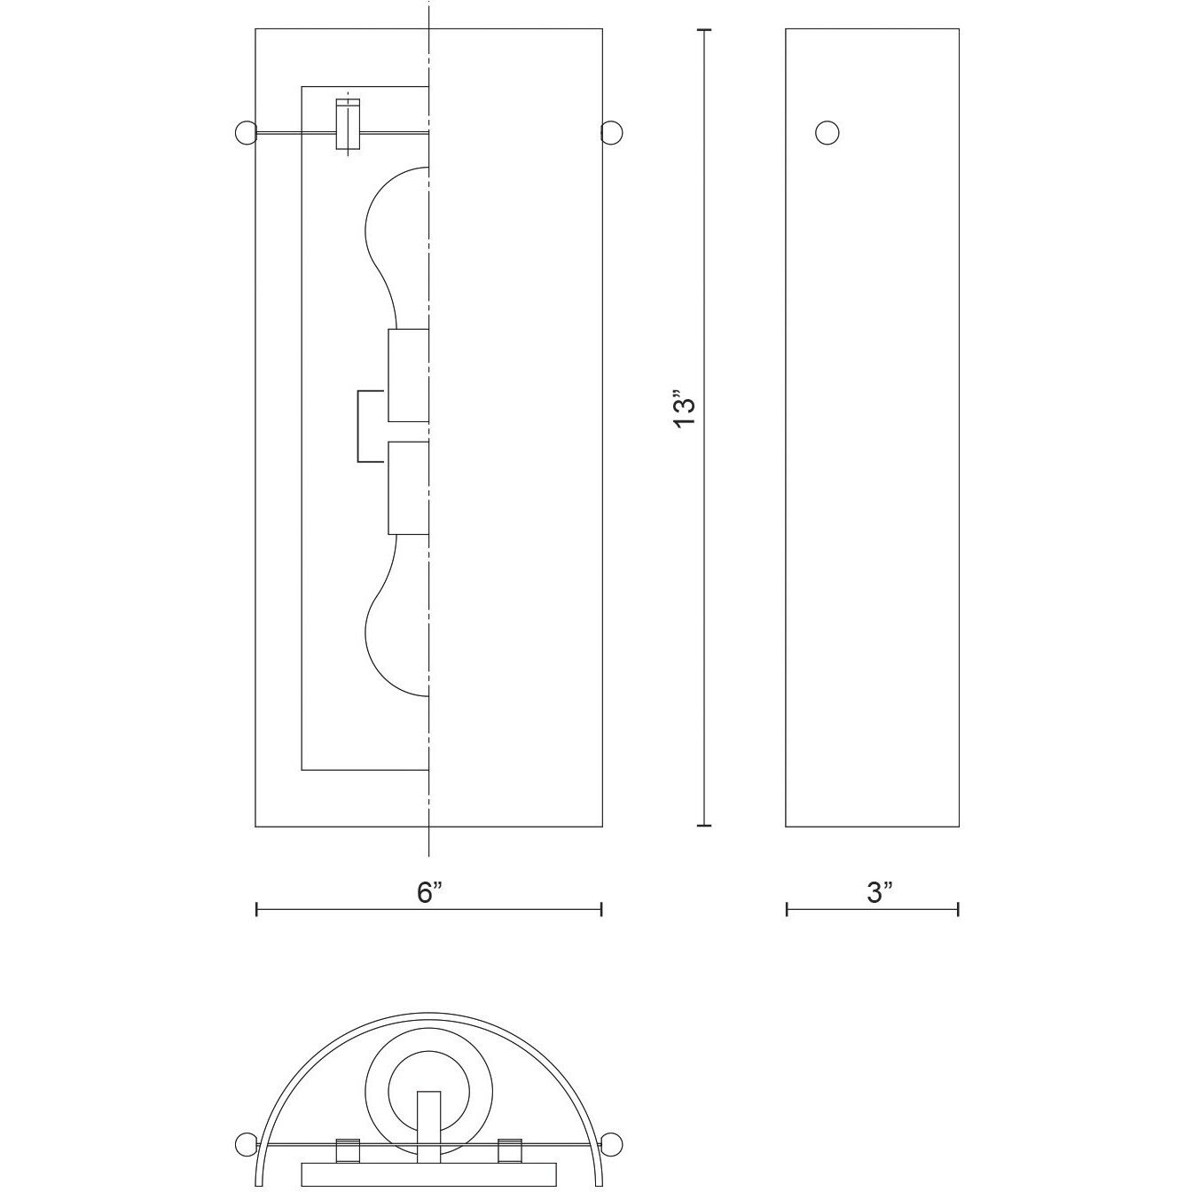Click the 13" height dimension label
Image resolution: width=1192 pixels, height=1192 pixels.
tap(685, 410)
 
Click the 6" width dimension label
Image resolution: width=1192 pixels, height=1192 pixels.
tap(429, 893)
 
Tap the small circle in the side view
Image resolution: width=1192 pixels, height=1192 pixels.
tap(827, 133)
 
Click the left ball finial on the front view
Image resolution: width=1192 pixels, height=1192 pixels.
tap(244, 133)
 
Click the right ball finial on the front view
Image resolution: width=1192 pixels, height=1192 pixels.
tap(612, 133)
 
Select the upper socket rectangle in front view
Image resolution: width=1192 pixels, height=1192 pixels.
tap(408, 375)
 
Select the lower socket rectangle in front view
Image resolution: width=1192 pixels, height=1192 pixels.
tap(408, 488)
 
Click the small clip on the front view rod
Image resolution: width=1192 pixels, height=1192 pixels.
tap(348, 124)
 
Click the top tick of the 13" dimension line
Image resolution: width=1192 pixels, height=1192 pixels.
tap(705, 30)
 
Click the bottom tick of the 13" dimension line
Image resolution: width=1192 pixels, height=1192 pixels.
tap(705, 826)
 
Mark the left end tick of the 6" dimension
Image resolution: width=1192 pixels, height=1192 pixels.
tap(256, 909)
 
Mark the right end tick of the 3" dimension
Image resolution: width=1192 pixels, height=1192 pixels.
tap(959, 909)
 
